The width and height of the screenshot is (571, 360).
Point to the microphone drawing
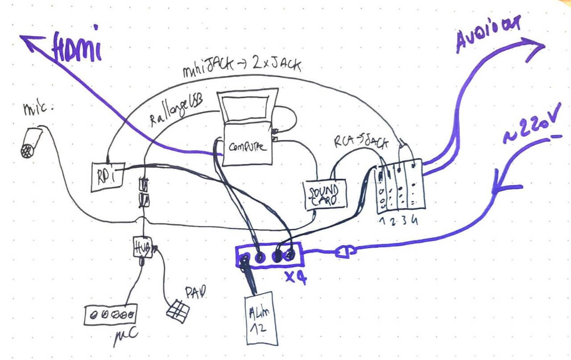click(x=31, y=143)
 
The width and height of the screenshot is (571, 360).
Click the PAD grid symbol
click(x=178, y=308)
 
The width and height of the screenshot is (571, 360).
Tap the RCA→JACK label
click(x=361, y=141)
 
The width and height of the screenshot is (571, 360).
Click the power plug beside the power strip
click(x=345, y=252)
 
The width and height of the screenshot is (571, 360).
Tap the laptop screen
click(x=246, y=107)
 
